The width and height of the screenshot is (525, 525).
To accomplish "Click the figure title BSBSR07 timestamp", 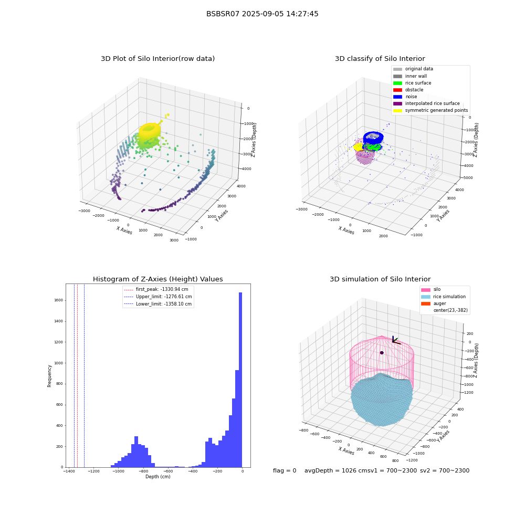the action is click(262, 14).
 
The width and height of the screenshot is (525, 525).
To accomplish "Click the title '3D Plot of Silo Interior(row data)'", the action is click(157, 59).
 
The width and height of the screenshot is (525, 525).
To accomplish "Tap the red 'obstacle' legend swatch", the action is click(397, 90).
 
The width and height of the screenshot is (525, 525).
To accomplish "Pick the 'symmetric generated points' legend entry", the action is click(430, 110).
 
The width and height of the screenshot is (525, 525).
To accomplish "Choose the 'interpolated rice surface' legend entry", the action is click(426, 103).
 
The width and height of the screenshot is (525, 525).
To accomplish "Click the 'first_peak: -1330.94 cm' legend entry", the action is click(156, 289).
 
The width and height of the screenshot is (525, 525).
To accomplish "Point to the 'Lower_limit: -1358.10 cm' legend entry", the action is click(157, 304).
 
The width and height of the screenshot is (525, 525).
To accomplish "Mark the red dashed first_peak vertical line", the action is click(77, 375).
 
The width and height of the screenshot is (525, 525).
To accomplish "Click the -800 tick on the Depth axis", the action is click(143, 471).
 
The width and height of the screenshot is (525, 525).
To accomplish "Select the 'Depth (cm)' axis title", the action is click(158, 477).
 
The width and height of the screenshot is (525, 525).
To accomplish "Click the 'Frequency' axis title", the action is click(49, 376).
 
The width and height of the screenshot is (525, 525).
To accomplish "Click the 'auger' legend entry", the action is click(434, 303).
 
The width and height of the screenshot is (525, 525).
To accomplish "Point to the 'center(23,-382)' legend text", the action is click(450, 310).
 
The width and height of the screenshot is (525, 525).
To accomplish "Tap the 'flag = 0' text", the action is click(285, 470).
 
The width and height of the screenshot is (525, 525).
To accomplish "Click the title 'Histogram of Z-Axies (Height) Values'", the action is click(157, 279).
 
